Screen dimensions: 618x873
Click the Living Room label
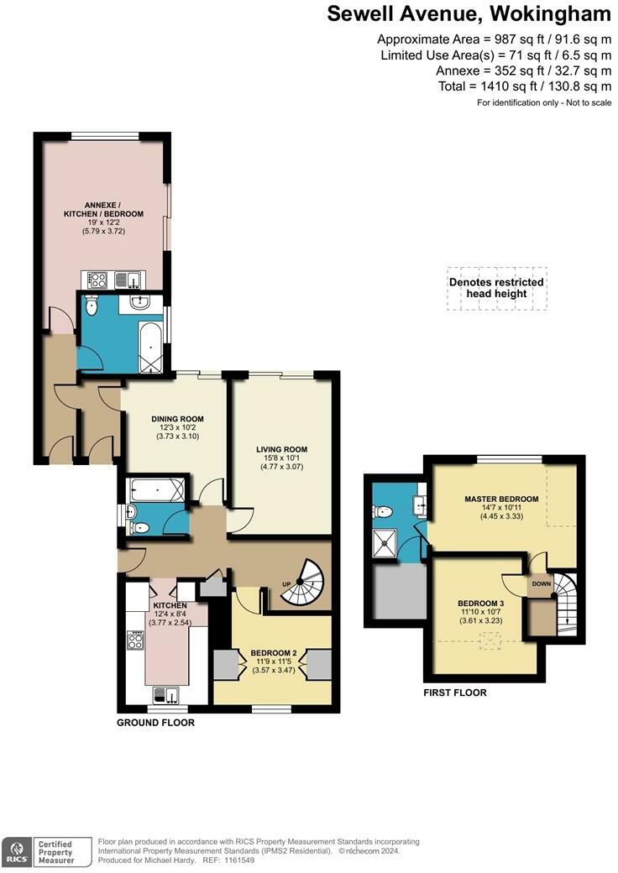click(282, 449)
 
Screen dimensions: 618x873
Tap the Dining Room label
click(178, 419)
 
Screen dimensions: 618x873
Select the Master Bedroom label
click(501, 499)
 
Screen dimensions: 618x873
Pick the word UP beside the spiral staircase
click(286, 584)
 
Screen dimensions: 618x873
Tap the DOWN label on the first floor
click(541, 584)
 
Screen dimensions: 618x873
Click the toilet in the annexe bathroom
click(91, 305)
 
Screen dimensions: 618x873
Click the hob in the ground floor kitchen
click(134, 640)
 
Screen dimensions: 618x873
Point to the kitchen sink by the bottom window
click(166, 695)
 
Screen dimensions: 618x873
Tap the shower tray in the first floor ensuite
click(385, 542)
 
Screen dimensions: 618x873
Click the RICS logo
click(16, 852)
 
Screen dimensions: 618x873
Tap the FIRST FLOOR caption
click(455, 693)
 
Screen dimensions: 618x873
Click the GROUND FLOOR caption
click(155, 723)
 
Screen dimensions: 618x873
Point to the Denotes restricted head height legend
click(496, 288)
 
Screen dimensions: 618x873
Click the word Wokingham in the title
click(549, 13)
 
